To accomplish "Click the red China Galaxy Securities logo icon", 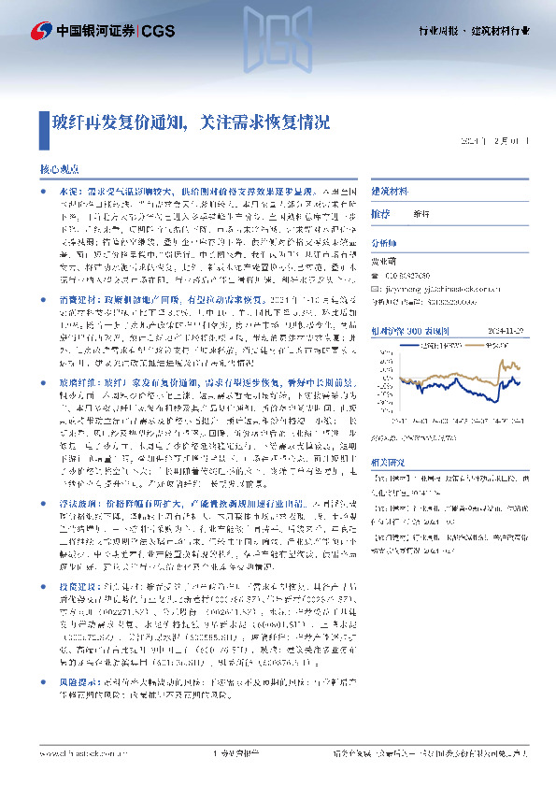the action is click(x=40, y=34).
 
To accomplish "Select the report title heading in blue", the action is click(x=191, y=121).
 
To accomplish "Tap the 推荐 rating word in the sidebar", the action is click(x=380, y=214).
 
